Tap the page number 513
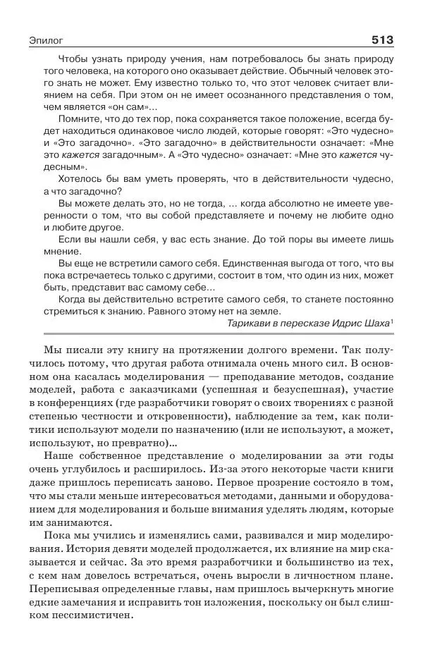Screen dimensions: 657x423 (x=381, y=39)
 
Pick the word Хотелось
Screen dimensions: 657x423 (x=80, y=179)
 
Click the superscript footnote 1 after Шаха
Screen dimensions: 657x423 (x=392, y=321)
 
